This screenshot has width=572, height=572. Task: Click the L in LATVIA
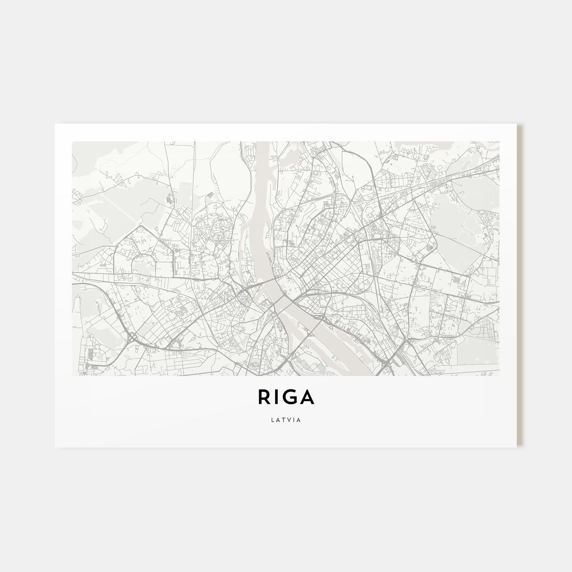(273, 420)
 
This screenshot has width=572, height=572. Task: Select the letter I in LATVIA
(294, 420)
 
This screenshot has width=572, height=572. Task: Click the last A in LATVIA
(299, 420)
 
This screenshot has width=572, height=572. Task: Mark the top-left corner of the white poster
(55, 124)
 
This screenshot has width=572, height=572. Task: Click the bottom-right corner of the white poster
(517, 447)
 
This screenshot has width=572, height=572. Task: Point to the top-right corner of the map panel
(499, 142)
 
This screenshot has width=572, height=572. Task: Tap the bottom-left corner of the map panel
(72, 376)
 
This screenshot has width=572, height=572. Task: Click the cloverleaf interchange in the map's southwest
(132, 336)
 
